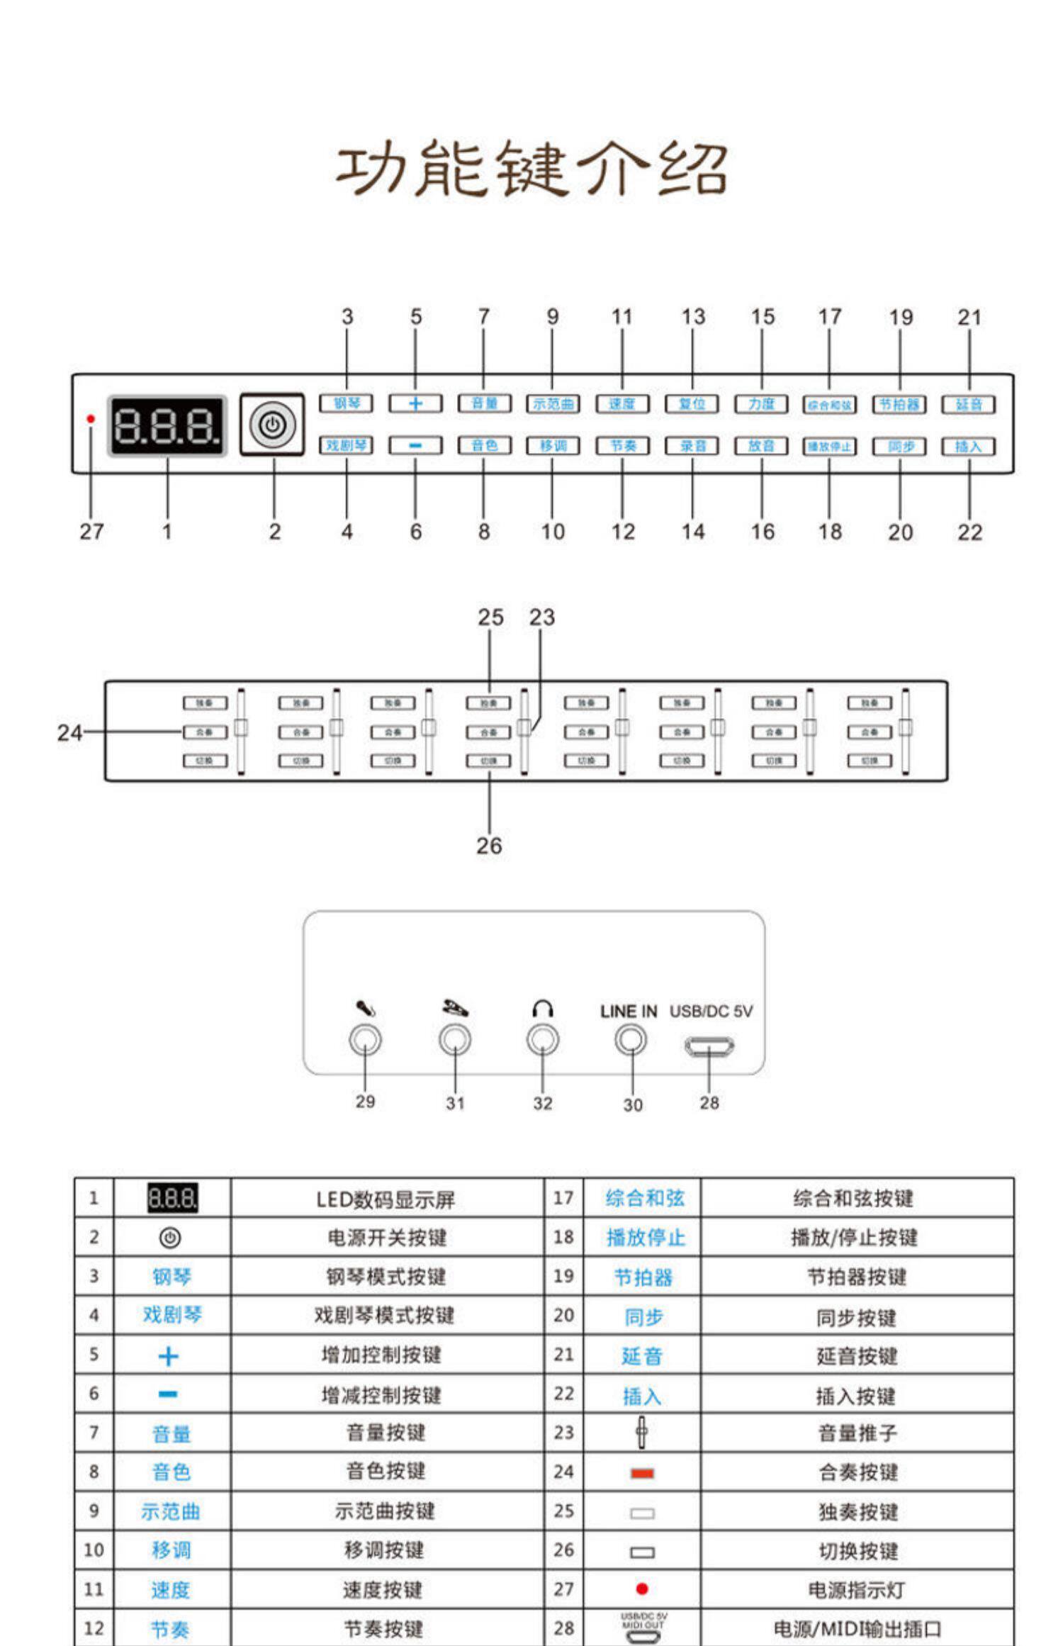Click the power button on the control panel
tap(273, 425)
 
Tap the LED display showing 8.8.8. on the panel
tap(167, 426)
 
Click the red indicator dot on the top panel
tap(91, 419)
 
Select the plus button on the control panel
tap(415, 403)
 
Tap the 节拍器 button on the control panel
tap(899, 404)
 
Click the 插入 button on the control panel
tap(968, 446)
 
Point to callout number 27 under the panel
tap(91, 531)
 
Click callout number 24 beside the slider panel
tap(69, 732)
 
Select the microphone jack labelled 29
tap(365, 1040)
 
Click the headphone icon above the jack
tap(542, 1009)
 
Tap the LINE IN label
tap(629, 1012)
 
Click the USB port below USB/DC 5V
tap(709, 1046)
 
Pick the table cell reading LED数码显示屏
tap(386, 1199)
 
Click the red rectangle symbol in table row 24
tap(642, 1474)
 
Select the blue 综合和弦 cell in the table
tap(645, 1198)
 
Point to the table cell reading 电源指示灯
tap(857, 1590)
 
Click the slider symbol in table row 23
tap(641, 1433)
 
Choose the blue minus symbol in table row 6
tap(168, 1394)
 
